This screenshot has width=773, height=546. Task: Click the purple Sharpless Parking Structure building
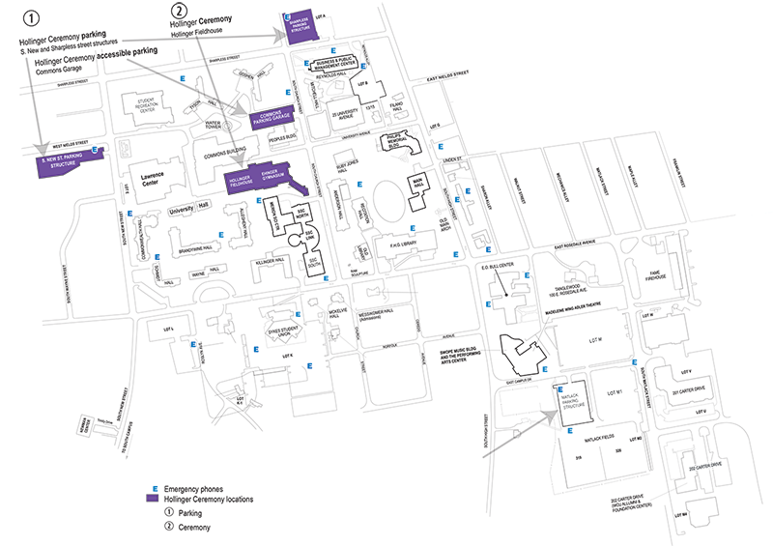coord(296,25)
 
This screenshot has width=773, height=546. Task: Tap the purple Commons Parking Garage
coord(272,119)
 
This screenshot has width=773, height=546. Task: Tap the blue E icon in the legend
coord(152,489)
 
